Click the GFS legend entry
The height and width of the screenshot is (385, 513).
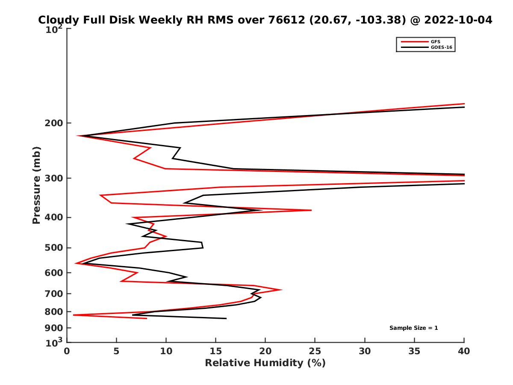[x=435, y=41]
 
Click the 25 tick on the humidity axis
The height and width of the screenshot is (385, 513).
[x=315, y=351]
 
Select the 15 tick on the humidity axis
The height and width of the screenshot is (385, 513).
[x=216, y=351]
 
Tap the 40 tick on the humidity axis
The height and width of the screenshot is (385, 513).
[x=464, y=351]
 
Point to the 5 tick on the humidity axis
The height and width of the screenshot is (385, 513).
[x=116, y=351]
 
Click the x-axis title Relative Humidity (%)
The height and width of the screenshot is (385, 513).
[x=265, y=363]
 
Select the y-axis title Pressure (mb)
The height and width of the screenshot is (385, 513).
[x=36, y=185]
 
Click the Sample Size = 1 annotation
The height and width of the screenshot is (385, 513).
[x=413, y=328]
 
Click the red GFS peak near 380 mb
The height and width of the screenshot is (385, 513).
[x=311, y=210]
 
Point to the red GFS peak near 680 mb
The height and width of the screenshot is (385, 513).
[x=281, y=290]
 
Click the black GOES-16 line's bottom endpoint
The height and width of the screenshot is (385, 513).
[x=226, y=318]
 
